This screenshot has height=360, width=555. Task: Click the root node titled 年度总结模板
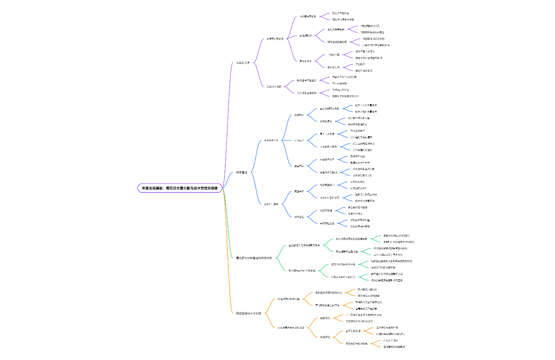(x=180, y=188)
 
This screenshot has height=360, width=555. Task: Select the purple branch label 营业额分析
(x=243, y=63)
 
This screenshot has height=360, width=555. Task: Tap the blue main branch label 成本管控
(x=242, y=172)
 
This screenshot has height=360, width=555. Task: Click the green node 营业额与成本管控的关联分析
(x=254, y=258)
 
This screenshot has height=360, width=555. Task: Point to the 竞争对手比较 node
(x=274, y=87)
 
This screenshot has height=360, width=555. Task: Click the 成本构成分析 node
(x=271, y=140)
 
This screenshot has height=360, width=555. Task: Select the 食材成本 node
(x=299, y=115)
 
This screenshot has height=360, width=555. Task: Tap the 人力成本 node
(x=299, y=140)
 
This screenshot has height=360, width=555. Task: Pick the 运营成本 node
(x=299, y=166)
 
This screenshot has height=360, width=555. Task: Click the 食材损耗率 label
(x=326, y=121)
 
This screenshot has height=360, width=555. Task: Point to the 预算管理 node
(x=299, y=191)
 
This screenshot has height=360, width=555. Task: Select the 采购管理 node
(x=299, y=217)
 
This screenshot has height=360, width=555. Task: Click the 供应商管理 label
(x=326, y=210)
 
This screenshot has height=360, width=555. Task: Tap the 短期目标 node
(x=325, y=318)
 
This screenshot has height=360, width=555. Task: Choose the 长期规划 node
(x=325, y=337)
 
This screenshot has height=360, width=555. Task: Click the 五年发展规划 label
(x=353, y=331)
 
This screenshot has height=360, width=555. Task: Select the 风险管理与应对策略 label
(x=356, y=343)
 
